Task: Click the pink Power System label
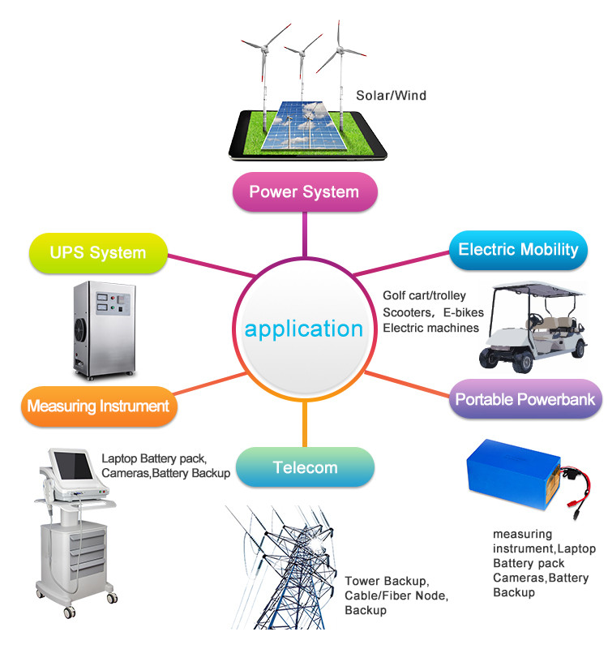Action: click(x=304, y=192)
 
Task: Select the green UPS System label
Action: click(x=97, y=252)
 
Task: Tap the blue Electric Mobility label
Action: click(x=518, y=249)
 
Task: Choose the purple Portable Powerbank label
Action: click(x=525, y=399)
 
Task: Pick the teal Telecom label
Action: click(x=305, y=467)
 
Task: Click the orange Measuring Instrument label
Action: click(x=98, y=406)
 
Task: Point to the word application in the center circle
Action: click(x=304, y=329)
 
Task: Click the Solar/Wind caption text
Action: click(x=391, y=96)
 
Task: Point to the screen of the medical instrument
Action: click(x=73, y=469)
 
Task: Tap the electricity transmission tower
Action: click(x=285, y=568)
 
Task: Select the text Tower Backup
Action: click(x=385, y=582)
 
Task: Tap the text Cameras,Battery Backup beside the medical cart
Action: click(x=165, y=473)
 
